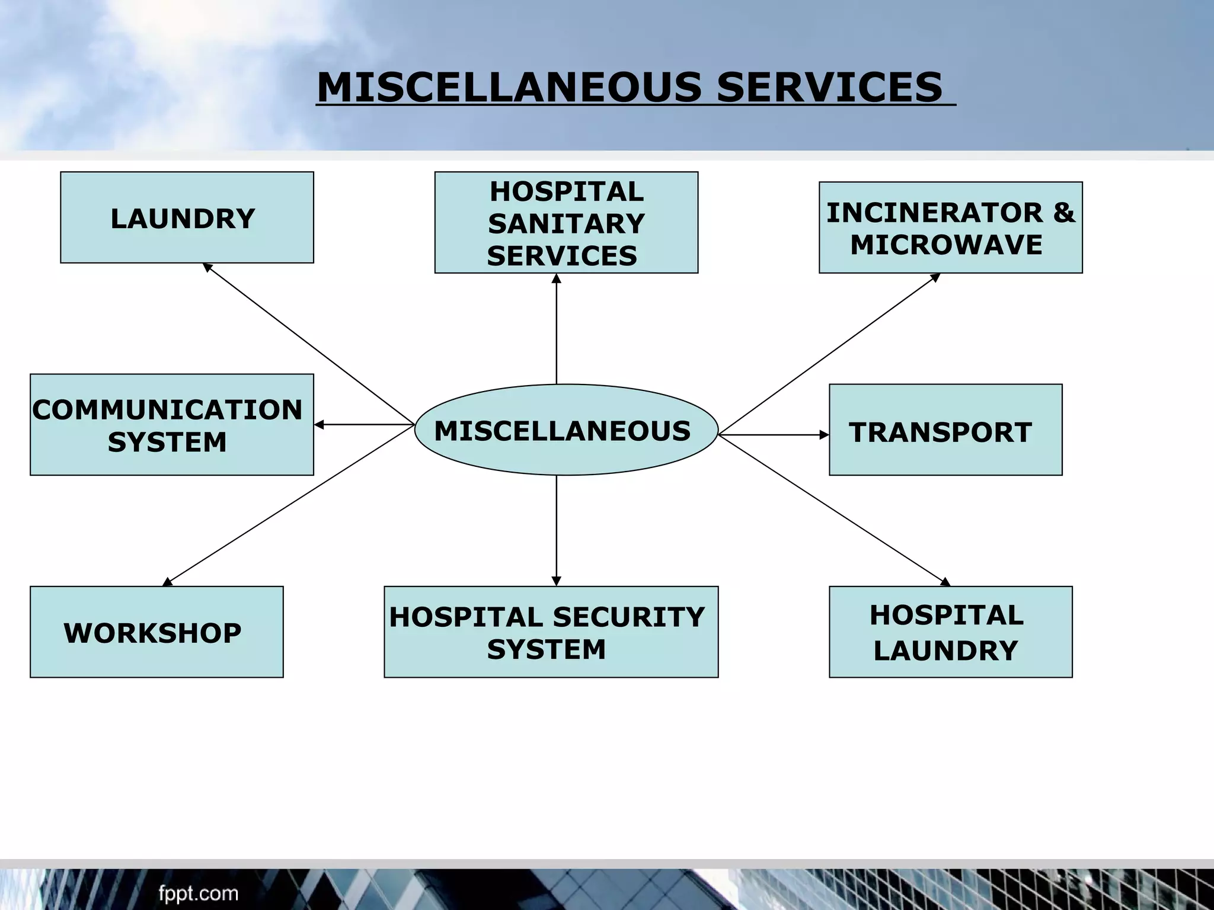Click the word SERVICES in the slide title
[x=829, y=87]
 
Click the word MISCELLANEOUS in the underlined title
[x=510, y=87]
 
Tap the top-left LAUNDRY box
[x=187, y=217]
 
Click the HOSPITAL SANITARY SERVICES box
[x=566, y=223]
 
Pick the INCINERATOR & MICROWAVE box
[x=950, y=227]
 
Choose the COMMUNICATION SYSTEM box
[x=171, y=425]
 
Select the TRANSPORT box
[x=945, y=430]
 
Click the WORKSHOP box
[x=156, y=632]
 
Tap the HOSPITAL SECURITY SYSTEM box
[x=551, y=632]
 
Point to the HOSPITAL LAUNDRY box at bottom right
[x=950, y=632]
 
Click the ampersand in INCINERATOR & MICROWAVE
[x=1063, y=213]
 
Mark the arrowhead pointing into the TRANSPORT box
[x=824, y=435]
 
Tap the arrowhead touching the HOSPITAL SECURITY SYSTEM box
[x=556, y=581]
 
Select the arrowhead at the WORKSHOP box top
[x=168, y=582]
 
